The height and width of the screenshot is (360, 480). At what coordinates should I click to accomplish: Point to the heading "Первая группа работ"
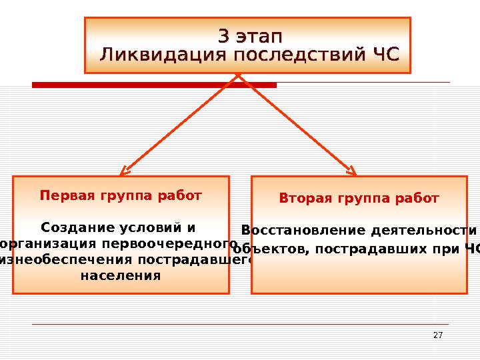click(x=121, y=196)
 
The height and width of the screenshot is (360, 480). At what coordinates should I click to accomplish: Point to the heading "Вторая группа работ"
click(x=359, y=199)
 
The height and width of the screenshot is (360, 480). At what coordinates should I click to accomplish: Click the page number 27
click(x=438, y=335)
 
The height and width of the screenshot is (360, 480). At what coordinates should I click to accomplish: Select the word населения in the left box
click(x=121, y=275)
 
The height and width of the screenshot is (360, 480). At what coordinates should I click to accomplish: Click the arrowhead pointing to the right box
click(x=351, y=170)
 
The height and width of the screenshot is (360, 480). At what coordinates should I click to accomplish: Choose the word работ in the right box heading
click(x=418, y=199)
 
